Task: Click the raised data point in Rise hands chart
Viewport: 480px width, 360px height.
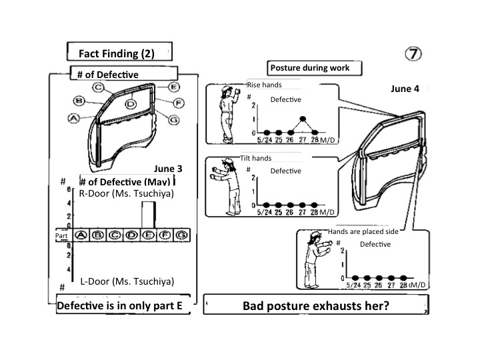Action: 302,119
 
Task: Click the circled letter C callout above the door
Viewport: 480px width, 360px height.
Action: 98,87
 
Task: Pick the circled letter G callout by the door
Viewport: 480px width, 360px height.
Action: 174,119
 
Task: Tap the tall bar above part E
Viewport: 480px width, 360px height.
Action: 149,214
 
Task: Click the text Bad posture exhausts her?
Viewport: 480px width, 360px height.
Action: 314,306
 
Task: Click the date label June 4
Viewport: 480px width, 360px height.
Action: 405,89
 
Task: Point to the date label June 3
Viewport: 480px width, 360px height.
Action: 167,169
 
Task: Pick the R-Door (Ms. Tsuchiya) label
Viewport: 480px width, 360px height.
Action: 126,193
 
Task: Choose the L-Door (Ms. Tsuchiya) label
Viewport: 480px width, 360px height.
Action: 127,281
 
